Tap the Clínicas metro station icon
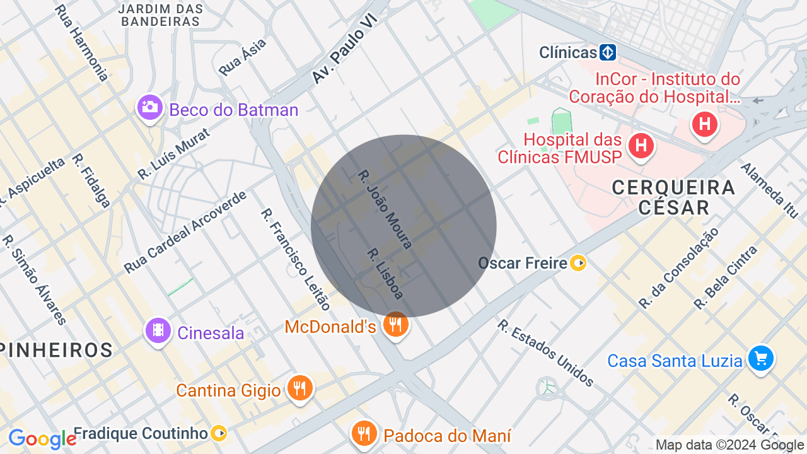point(607,52)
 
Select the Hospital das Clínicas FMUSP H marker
point(641,146)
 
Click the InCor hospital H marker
point(704,124)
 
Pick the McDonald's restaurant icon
point(396,325)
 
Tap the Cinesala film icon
point(158,330)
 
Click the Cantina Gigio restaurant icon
point(299,388)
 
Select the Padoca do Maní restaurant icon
point(364,433)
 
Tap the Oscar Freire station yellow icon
point(578,263)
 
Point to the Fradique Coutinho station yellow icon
point(219,433)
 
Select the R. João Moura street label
point(385,209)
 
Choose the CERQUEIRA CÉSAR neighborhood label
point(673,197)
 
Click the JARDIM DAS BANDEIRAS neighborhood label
point(161,15)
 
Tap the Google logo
point(42,439)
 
